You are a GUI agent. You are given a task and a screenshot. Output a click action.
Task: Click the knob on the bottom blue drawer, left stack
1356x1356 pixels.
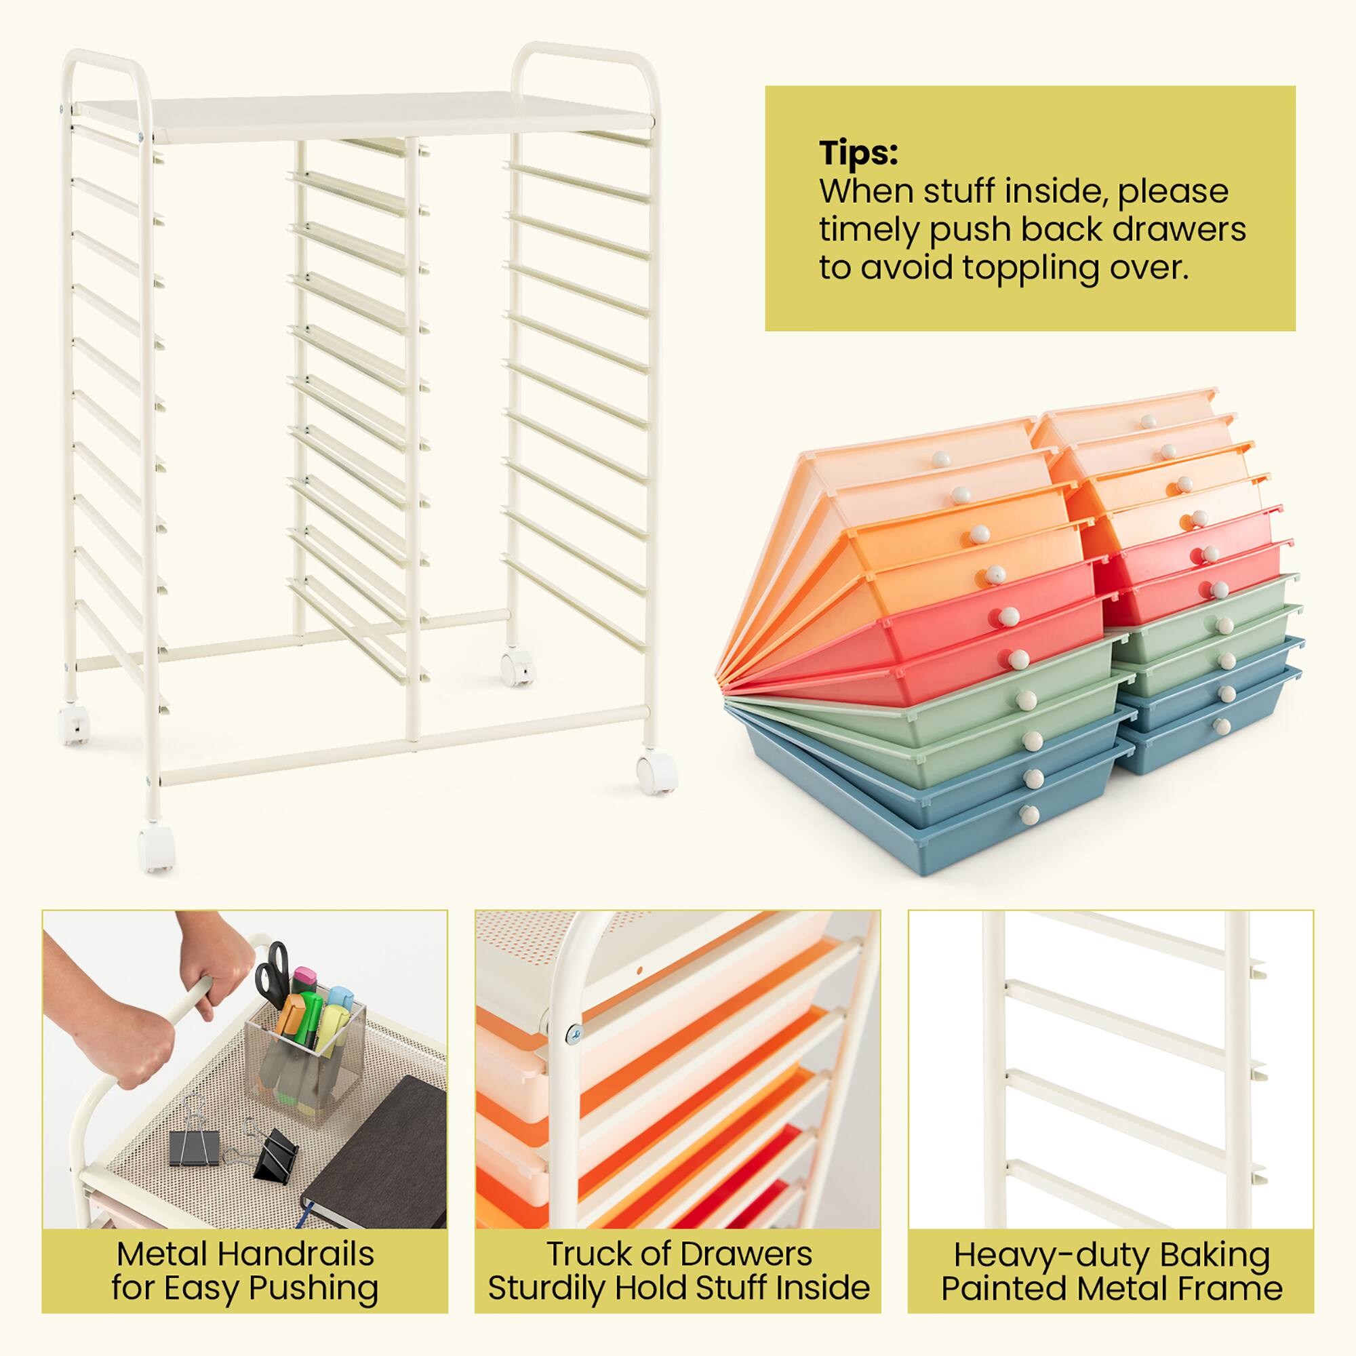(1031, 815)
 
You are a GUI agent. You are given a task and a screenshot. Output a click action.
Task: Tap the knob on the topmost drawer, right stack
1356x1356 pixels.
(1149, 422)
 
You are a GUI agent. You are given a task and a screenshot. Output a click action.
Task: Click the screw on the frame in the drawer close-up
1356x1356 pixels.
(574, 1031)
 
